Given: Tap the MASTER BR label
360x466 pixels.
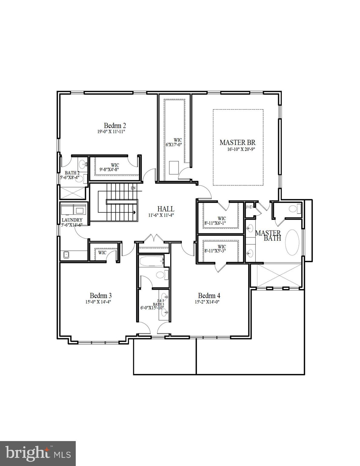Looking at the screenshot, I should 237,142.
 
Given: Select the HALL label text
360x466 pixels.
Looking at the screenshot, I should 166,209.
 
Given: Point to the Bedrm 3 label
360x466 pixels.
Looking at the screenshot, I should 101,295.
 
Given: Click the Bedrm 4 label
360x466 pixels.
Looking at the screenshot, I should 209,295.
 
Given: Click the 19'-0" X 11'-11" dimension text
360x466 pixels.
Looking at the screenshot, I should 111,132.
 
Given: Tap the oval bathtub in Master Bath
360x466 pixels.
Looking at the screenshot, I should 292,242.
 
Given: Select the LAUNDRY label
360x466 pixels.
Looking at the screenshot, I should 72,220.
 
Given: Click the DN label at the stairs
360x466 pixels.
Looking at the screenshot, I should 133,188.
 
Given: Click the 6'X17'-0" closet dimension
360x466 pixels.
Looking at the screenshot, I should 173,145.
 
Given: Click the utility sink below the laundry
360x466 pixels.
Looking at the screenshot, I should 66,255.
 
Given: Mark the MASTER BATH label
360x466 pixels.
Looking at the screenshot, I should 268,235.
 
